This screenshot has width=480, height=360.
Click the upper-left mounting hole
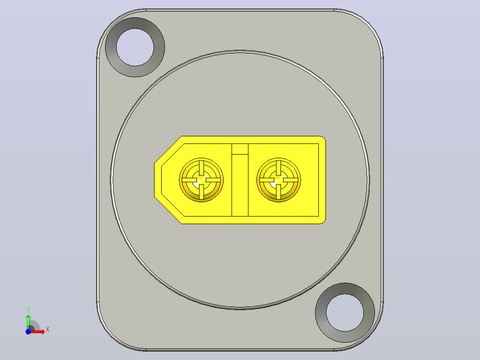pyautogui.click(x=135, y=47)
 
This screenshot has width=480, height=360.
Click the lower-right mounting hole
pyautogui.click(x=345, y=313)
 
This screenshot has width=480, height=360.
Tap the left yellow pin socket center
pyautogui.click(x=201, y=180)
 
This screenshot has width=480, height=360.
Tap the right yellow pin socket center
pyautogui.click(x=279, y=180)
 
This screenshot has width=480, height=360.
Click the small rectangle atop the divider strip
pyautogui.click(x=240, y=149)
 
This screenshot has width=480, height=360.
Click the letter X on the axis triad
pyautogui.click(x=48, y=330)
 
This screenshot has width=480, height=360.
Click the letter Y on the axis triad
pyautogui.click(x=28, y=310)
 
